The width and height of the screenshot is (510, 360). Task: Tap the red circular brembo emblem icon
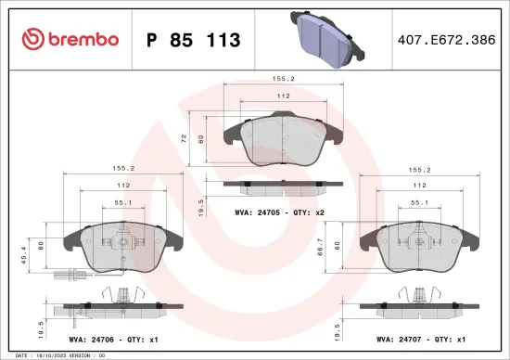[x=32, y=39]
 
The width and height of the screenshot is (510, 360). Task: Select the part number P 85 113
[x=194, y=40]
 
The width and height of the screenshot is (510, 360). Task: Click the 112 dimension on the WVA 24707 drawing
[x=419, y=185]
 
